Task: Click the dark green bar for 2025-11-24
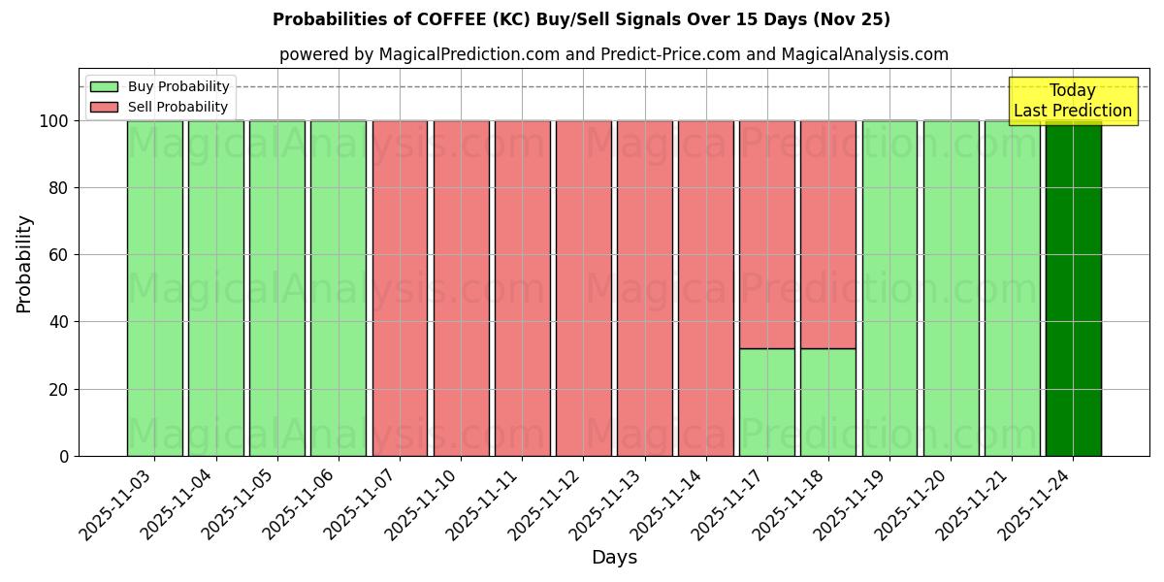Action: click(1073, 288)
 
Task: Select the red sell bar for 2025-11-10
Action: click(461, 288)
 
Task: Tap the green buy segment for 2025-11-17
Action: click(766, 403)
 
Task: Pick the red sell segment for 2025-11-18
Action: click(827, 234)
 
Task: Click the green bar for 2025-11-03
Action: click(154, 288)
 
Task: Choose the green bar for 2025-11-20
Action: click(951, 288)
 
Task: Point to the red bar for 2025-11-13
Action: click(644, 288)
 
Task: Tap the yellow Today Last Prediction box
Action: click(1072, 101)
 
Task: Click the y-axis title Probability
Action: click(24, 264)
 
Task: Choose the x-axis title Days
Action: click(614, 558)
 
